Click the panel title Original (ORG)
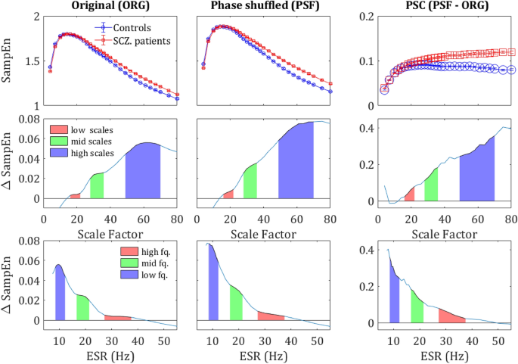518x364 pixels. (109, 7)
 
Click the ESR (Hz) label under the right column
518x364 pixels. (446, 356)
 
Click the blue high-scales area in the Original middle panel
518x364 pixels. (143, 170)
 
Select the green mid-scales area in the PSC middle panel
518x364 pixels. (431, 186)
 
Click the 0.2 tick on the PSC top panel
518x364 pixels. (364, 15)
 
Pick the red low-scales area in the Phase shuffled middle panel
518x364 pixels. (228, 195)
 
